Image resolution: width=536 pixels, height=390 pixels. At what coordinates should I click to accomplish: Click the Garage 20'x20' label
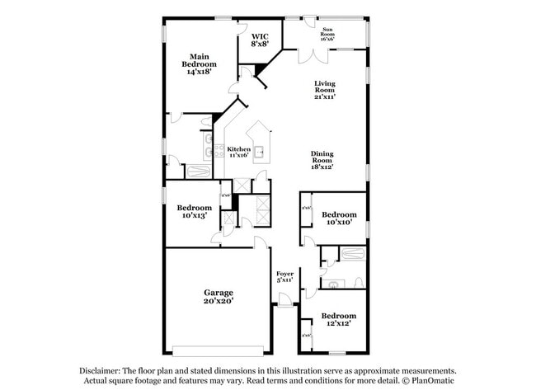(219, 297)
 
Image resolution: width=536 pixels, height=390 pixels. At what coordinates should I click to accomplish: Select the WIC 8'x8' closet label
(260, 40)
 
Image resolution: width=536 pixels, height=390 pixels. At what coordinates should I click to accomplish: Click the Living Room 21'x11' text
(327, 89)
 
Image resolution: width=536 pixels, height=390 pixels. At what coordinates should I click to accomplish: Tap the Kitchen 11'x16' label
(238, 152)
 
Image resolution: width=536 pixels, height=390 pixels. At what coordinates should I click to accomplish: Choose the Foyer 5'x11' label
(284, 277)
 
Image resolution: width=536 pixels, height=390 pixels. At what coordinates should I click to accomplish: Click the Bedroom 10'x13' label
(195, 212)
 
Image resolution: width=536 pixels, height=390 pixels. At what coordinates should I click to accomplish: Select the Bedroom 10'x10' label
(339, 218)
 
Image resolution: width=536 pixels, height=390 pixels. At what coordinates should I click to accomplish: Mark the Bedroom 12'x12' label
(339, 319)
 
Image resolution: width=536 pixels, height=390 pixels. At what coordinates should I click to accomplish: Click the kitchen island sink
(259, 151)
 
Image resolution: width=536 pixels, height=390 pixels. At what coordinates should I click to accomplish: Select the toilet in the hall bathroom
(333, 284)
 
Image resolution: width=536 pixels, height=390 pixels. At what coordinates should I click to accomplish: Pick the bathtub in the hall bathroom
(353, 255)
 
